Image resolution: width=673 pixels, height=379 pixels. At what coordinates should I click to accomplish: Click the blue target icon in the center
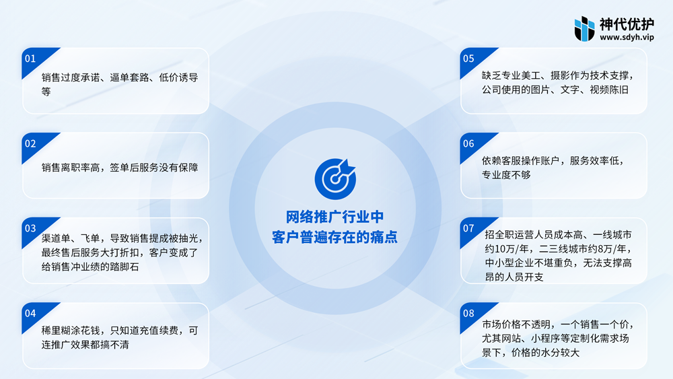pos(335,179)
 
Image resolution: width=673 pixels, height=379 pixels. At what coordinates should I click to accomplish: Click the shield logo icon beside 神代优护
pos(585,29)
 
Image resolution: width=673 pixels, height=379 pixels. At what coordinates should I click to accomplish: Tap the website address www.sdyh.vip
pos(627,37)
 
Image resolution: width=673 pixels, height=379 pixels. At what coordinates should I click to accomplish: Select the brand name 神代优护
pos(627,24)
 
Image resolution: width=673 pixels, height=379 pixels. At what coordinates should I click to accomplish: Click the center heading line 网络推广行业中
pos(334,217)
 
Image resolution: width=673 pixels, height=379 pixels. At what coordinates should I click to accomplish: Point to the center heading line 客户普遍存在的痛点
pos(334,237)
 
